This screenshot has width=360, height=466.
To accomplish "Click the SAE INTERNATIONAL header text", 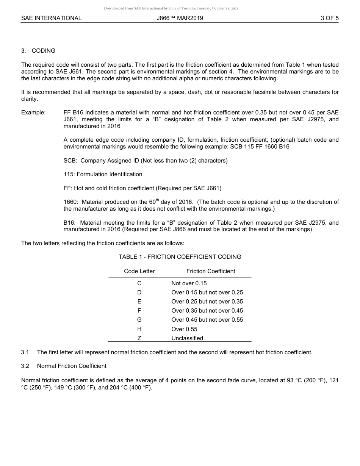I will click(51, 18).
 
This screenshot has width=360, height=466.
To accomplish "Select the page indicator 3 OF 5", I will click(329, 18).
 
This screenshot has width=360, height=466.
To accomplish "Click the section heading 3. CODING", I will click(38, 50).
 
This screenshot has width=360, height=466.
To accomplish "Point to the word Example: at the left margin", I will click(33, 113).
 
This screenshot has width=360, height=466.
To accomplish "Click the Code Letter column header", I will click(139, 271).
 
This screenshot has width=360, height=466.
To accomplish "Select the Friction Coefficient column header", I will click(210, 271).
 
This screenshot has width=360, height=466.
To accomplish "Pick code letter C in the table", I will click(139, 283).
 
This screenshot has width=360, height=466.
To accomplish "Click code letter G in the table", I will click(139, 320).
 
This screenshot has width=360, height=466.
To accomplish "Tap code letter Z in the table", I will click(139, 338).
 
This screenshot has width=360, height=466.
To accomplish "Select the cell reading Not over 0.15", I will click(189, 283).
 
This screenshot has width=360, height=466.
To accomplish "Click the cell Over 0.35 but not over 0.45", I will click(207, 311).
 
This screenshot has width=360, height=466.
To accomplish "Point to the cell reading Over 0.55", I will click(184, 329).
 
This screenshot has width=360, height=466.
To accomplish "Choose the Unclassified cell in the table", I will click(187, 338).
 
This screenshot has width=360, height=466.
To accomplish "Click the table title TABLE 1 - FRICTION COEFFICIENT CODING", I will click(180, 257).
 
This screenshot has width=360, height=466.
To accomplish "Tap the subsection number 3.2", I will click(25, 366).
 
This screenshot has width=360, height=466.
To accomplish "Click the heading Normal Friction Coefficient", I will click(72, 366).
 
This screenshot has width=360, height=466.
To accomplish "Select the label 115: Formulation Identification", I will click(103, 174).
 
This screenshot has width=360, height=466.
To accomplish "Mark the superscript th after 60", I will click(158, 200).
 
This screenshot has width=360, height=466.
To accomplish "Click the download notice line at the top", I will click(171, 8).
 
